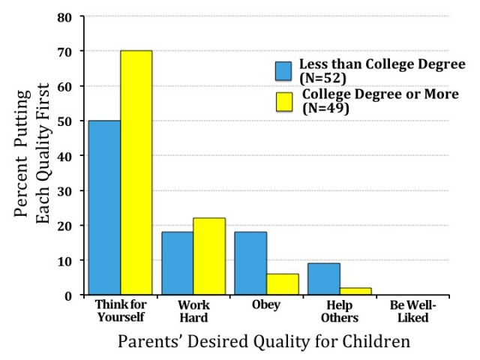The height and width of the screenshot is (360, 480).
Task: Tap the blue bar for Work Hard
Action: point(178,263)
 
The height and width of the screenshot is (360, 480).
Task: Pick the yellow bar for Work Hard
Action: point(209,256)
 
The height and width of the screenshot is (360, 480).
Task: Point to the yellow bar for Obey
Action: point(283,284)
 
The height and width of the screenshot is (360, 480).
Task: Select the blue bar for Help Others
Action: point(324,279)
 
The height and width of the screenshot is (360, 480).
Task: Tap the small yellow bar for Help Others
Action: point(356,291)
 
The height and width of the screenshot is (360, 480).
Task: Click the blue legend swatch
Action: point(284,70)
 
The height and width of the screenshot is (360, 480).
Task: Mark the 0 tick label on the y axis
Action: point(68,295)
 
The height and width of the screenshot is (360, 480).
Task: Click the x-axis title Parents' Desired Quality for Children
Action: point(263,341)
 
